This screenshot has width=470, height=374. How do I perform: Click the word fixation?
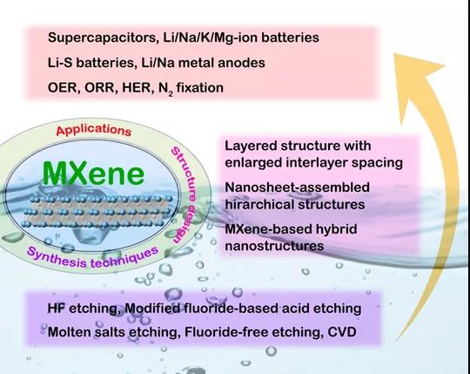[x=199, y=88]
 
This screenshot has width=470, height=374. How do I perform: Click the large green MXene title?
[x=93, y=173]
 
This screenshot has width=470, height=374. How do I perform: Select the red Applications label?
[x=94, y=130]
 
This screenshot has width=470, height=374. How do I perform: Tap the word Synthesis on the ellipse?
[x=56, y=258]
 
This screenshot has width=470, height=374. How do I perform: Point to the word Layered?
[x=251, y=146]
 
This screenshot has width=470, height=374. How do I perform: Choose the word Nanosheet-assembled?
[x=297, y=187]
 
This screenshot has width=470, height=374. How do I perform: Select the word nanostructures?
[x=274, y=246]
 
